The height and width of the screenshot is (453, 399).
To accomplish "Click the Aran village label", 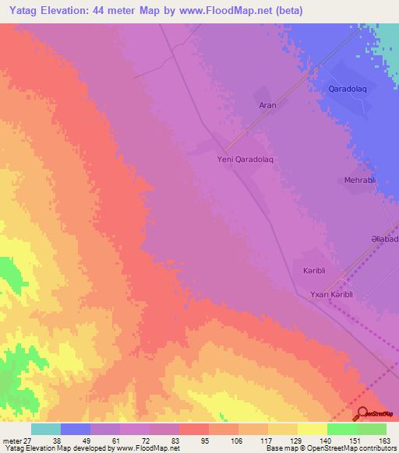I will (x=267, y=105).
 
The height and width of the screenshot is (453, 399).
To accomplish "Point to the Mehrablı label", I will (x=360, y=181).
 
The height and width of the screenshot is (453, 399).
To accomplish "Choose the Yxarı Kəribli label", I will (x=333, y=294).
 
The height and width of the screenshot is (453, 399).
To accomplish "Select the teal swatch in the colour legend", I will (x=46, y=429).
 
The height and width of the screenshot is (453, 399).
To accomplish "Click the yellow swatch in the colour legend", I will (x=312, y=429).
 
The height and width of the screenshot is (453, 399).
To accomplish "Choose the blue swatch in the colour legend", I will (x=76, y=429).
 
